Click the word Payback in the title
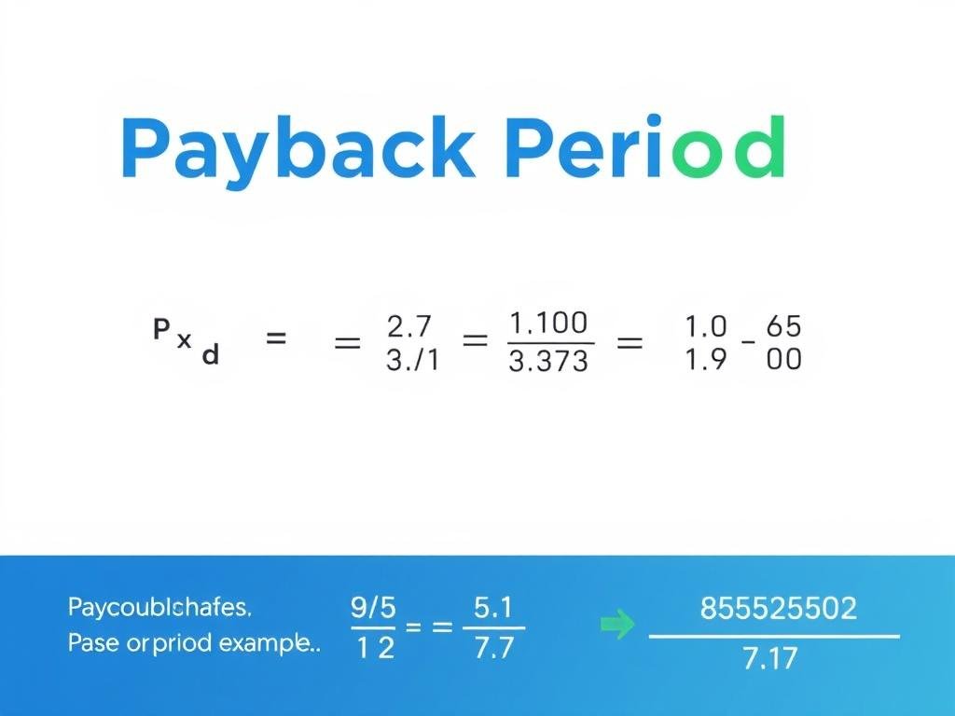(x=296, y=149)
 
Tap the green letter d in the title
(x=758, y=149)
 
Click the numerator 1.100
(x=548, y=324)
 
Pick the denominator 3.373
(x=548, y=360)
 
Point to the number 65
(x=783, y=327)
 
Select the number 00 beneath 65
(x=783, y=359)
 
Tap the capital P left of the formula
(x=161, y=328)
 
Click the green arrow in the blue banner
(x=616, y=626)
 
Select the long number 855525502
(x=777, y=609)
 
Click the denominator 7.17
(x=770, y=659)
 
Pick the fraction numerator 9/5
(x=373, y=608)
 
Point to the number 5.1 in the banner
(x=493, y=608)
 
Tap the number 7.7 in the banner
(x=493, y=648)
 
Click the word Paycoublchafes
(x=159, y=609)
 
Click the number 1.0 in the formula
(x=704, y=327)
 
